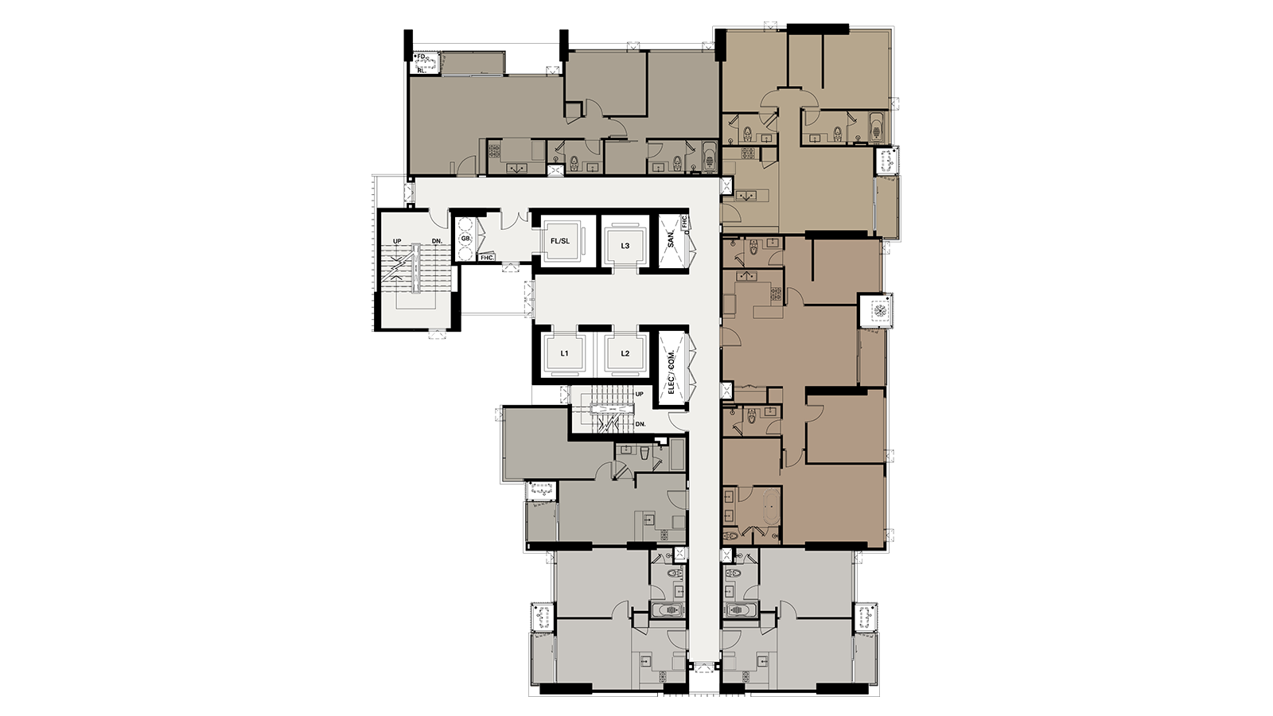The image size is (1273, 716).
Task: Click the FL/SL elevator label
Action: [560, 241]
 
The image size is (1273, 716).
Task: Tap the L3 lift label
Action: [625, 246]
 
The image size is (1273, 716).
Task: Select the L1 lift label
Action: [564, 353]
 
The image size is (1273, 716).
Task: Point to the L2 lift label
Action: [625, 353]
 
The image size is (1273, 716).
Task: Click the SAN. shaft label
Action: [672, 239]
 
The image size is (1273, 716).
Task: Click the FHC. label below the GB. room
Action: [486, 257]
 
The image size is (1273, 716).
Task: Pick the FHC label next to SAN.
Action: [684, 223]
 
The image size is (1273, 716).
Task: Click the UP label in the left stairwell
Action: [396, 240]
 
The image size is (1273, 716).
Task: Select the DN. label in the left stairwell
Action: [436, 240]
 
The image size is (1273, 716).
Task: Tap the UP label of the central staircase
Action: [640, 394]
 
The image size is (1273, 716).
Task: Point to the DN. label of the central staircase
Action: [640, 424]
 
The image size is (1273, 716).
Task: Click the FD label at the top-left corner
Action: [421, 56]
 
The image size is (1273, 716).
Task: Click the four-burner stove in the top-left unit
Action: [492, 148]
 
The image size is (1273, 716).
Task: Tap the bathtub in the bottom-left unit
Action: [667, 609]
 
